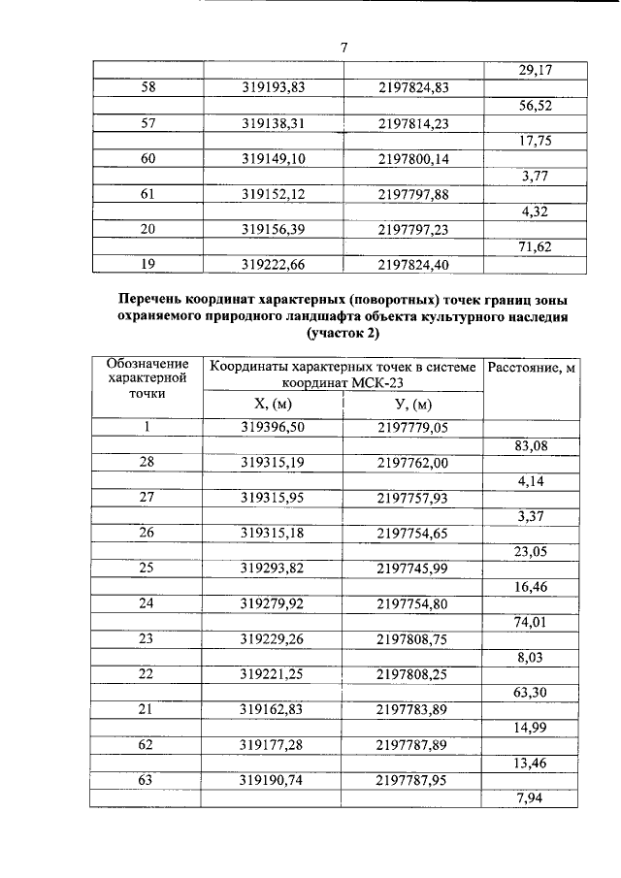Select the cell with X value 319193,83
tap(273, 88)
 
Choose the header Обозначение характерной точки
tap(147, 378)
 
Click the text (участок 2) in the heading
tap(343, 333)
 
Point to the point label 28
tap(147, 463)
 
